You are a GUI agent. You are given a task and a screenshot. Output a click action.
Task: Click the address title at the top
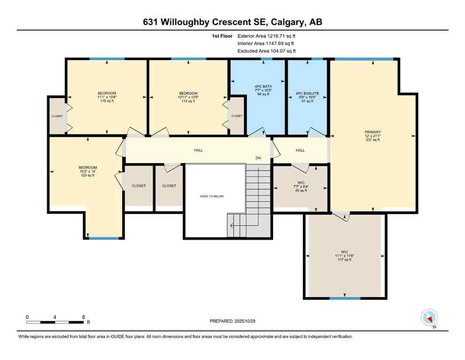point(232,22)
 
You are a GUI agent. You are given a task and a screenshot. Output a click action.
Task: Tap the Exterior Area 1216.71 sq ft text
point(266,36)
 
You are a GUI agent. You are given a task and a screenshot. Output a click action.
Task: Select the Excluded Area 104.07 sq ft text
point(266,51)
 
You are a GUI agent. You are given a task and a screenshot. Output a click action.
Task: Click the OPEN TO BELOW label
point(212,196)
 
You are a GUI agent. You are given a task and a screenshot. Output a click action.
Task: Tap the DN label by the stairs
point(258,158)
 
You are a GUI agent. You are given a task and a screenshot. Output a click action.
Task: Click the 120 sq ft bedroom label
point(88,172)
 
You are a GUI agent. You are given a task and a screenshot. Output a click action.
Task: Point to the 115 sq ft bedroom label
point(107,97)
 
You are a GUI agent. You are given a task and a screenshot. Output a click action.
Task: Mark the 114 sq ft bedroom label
point(188,97)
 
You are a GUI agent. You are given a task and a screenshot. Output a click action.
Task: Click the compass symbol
point(429,317)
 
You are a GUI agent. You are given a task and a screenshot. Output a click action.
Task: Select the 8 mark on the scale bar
point(83,317)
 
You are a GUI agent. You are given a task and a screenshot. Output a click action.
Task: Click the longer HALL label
point(199,150)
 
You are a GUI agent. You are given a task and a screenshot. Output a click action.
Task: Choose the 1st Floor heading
point(222,36)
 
